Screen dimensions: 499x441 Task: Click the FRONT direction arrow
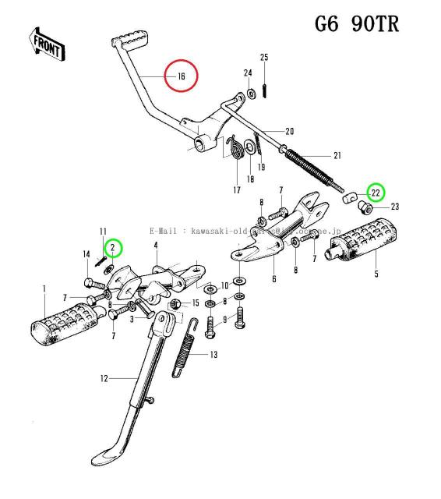47,44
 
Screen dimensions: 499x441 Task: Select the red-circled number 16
181,76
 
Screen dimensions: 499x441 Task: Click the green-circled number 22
375,192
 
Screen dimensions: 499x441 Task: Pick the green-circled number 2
114,248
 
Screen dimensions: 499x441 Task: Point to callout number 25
264,58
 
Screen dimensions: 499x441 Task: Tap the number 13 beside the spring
213,355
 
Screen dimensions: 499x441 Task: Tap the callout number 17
236,189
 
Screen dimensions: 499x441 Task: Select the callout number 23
394,207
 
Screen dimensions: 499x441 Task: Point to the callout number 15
196,303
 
